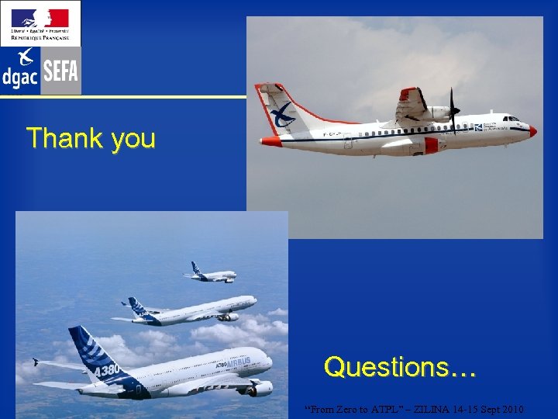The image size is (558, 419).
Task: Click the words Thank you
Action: point(91,138)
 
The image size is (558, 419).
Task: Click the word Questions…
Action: point(400,366)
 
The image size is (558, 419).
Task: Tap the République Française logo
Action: point(40,23)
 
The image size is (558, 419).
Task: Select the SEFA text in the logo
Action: point(60,72)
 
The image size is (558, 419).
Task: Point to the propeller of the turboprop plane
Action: point(453,111)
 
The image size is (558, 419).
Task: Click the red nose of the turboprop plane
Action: point(532,131)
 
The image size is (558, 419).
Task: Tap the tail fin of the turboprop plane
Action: point(277,108)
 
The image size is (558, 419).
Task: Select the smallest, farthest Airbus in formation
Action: point(211,273)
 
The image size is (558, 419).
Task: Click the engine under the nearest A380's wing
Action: point(260,387)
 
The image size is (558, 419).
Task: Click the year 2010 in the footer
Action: point(511,409)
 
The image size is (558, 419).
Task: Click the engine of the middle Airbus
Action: point(228,317)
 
